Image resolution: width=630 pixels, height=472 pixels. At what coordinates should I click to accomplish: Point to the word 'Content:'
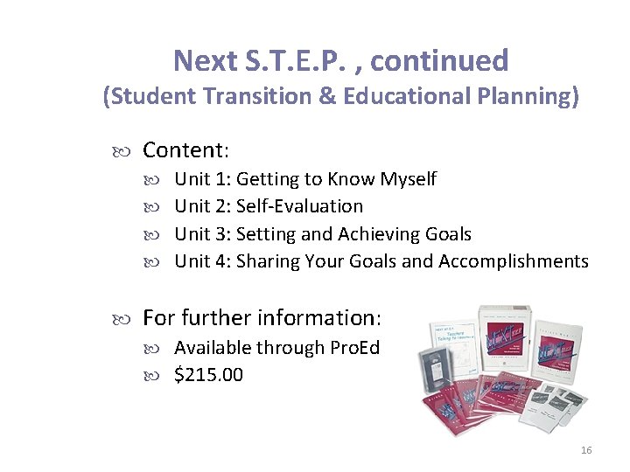pyautogui.click(x=185, y=150)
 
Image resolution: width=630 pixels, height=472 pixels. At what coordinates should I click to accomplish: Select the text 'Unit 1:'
pyautogui.click(x=202, y=179)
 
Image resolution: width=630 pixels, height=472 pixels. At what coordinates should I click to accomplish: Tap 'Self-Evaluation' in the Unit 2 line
pyautogui.click(x=299, y=206)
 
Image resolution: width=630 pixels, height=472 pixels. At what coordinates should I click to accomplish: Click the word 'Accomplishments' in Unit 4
pyautogui.click(x=514, y=261)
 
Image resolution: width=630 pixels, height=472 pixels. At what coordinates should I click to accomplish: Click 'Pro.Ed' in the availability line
pyautogui.click(x=354, y=347)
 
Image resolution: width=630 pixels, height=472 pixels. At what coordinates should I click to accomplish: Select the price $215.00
pyautogui.click(x=208, y=375)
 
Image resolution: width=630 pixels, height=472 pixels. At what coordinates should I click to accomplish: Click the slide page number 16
pyautogui.click(x=585, y=450)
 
